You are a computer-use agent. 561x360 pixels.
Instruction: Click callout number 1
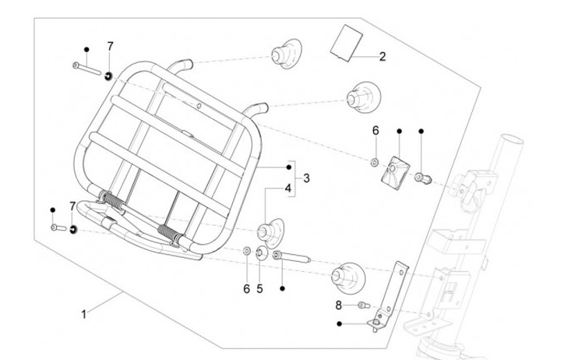click(83, 315)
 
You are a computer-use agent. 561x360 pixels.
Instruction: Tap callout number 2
click(383, 57)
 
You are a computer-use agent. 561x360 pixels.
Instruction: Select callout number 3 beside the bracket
click(306, 178)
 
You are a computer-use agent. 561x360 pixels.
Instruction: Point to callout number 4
click(288, 189)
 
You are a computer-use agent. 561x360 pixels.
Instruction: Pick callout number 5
click(259, 288)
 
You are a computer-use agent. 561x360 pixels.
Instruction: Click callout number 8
click(338, 305)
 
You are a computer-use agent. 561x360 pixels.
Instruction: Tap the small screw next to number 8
click(363, 305)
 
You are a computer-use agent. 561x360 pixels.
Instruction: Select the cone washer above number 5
click(261, 253)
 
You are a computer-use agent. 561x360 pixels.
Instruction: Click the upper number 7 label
click(110, 46)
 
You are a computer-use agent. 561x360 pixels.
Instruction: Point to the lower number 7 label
click(72, 206)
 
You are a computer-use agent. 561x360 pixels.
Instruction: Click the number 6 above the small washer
click(376, 131)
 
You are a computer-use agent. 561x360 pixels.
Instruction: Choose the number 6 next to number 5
click(246, 289)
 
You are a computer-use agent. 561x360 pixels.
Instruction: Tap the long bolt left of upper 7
click(87, 69)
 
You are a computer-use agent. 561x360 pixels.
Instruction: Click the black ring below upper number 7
click(108, 76)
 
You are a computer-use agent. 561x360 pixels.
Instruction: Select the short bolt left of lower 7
click(58, 228)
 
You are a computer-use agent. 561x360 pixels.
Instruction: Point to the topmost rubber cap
click(286, 53)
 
